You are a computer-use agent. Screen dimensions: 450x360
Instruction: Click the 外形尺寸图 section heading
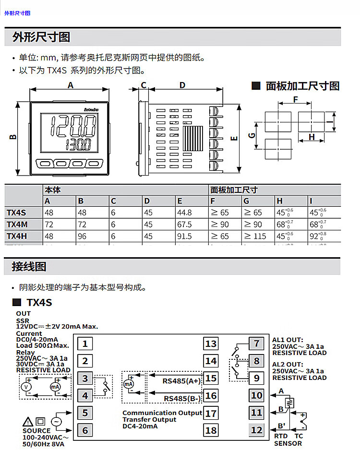pos(41,37)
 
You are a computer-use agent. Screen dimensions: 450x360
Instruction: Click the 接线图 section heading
pos(29,266)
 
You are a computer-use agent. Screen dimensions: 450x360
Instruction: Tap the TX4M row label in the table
pos(17,224)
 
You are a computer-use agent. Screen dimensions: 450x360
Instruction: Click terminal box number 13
pos(211,343)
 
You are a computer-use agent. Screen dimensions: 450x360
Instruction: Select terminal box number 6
pos(85,430)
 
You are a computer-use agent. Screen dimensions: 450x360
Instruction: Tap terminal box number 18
pos(211,430)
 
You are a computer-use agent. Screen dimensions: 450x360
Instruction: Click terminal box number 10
pos(257,395)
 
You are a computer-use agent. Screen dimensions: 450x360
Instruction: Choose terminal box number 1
pos(85,343)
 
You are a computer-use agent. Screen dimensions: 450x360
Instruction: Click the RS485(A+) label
pos(181,381)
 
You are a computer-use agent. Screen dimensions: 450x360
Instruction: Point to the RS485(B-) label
pos(182,398)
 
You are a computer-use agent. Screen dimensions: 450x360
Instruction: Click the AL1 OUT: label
pos(288,340)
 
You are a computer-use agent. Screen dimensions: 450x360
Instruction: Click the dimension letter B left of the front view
pos(13,137)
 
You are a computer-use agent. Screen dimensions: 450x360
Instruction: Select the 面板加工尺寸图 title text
pos(302,86)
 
